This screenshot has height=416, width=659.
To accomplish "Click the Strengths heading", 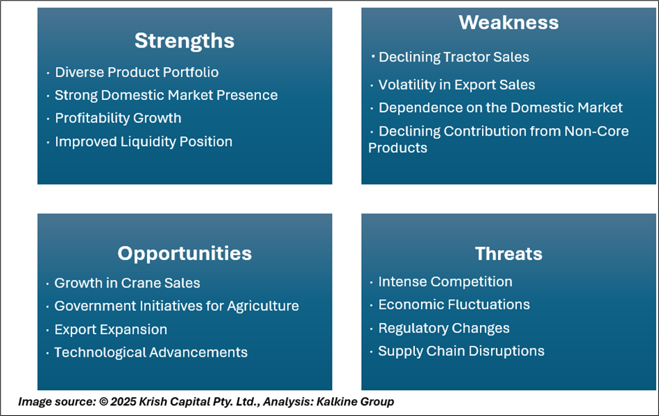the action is [x=185, y=41].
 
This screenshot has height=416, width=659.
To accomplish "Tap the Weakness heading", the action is [x=509, y=22].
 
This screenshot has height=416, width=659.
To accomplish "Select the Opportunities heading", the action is [x=185, y=254].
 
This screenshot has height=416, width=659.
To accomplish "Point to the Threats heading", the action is [x=509, y=254].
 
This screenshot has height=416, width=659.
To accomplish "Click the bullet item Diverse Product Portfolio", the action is [x=136, y=72].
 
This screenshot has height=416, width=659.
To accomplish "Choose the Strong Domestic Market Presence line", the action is [x=166, y=95].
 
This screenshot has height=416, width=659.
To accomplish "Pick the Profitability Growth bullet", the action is [x=118, y=118].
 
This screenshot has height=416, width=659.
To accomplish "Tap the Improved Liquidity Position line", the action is [x=143, y=142].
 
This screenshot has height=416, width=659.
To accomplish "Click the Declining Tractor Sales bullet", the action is [x=454, y=57].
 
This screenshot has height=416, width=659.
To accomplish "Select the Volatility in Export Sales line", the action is [x=457, y=85].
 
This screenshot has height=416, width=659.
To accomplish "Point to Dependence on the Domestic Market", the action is [x=501, y=108].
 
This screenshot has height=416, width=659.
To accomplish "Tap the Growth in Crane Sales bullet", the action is [x=127, y=283].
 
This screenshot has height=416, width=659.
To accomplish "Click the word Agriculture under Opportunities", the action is [x=263, y=306].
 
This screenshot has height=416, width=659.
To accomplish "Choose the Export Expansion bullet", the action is [x=111, y=329].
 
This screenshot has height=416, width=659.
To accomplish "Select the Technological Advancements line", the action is [x=151, y=352].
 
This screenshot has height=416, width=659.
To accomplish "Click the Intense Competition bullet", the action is [x=445, y=282].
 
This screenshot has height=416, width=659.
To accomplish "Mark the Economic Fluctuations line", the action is [x=454, y=305].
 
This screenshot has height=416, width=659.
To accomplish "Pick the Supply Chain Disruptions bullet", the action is [x=461, y=351].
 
